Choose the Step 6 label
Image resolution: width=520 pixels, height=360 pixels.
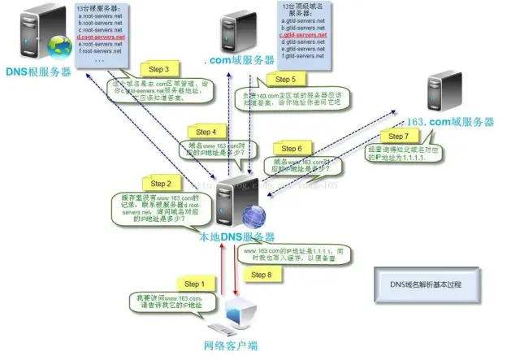click(290, 149)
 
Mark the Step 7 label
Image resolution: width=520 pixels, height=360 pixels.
click(393, 135)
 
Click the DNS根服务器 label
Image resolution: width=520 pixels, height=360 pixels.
click(39, 72)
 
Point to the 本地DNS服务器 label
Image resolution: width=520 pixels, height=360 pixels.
click(236, 236)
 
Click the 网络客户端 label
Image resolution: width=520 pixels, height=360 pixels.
click(230, 345)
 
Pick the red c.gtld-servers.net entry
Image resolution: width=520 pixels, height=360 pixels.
click(303, 36)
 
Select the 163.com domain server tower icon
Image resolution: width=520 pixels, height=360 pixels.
click(445, 89)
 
